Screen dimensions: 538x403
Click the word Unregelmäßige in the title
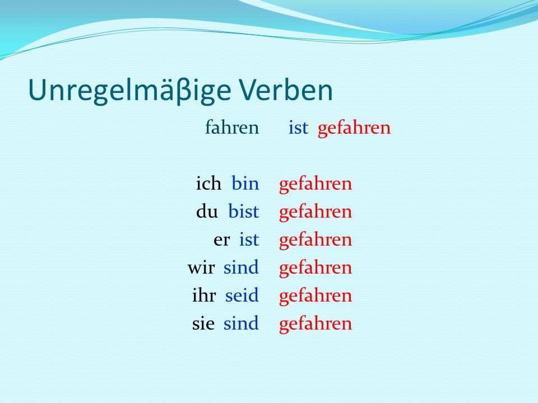(x=129, y=91)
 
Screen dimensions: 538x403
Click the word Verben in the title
(x=286, y=90)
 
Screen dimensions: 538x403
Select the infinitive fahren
(x=232, y=127)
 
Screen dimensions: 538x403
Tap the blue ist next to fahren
(x=298, y=128)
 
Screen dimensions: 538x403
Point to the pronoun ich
(x=208, y=183)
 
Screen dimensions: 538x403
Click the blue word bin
(x=245, y=183)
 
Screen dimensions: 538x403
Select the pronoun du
(x=207, y=211)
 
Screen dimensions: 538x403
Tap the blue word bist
(x=243, y=211)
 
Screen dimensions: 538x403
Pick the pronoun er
(x=221, y=241)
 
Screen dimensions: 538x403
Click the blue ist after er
(x=249, y=239)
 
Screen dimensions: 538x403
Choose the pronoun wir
(x=201, y=268)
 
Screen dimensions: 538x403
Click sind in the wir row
(x=241, y=268)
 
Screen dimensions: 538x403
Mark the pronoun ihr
(x=204, y=295)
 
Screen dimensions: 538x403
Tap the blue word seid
(x=242, y=295)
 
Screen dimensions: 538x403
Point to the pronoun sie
(x=203, y=324)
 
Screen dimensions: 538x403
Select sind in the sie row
(x=241, y=323)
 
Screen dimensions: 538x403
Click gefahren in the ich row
(x=316, y=185)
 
